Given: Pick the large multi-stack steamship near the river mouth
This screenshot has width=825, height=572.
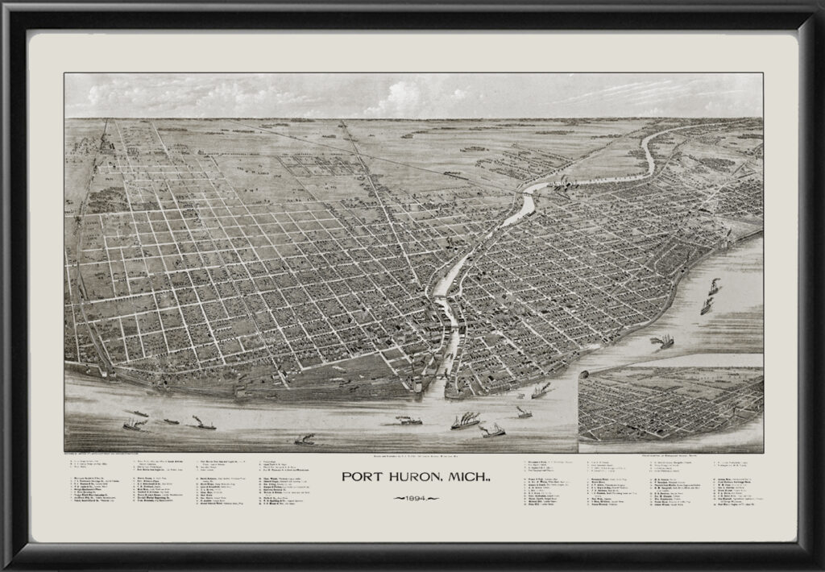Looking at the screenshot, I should (466, 421).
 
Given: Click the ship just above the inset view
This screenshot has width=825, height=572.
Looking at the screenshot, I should (662, 342).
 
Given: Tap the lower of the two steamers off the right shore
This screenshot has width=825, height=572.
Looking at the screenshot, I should (707, 306).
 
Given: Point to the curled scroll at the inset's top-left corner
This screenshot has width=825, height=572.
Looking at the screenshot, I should (587, 373).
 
